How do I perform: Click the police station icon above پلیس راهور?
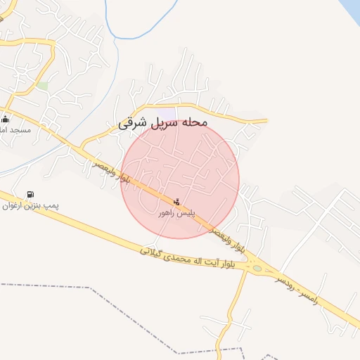coord(176,202)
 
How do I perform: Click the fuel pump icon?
coord(30,195)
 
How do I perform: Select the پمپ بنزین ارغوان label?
coord(30,205)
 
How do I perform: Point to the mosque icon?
coord(6,120)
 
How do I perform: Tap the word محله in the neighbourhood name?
coord(195,122)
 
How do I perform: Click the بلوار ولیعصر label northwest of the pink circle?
coord(112,172)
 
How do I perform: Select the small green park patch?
coord(43,86)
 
